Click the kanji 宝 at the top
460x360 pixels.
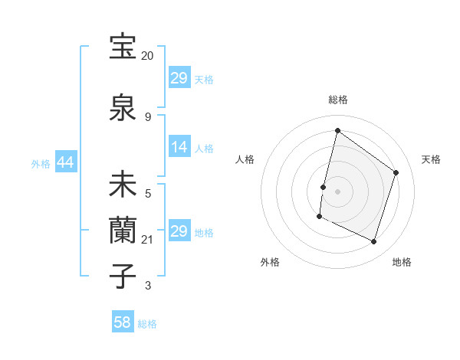pos(123,47)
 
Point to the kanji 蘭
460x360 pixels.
pos(123,230)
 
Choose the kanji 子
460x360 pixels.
pos(123,276)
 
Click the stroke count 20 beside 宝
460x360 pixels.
pos(147,56)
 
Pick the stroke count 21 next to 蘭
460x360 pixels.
pos(147,240)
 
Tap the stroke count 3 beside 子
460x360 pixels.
pos(147,286)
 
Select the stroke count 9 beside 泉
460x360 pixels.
pos(147,116)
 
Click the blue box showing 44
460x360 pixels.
pos(65,162)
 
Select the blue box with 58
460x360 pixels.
pos(123,322)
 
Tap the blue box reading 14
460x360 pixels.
pos(179,147)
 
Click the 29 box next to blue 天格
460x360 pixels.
pos(179,78)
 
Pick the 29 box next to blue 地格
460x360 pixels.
pos(179,231)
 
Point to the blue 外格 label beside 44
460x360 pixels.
pos(41,163)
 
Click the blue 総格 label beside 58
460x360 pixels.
pos(147,324)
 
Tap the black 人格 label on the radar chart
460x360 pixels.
pos(245,159)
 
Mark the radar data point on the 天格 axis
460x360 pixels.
pos(396,172)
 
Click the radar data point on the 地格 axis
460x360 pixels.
pos(373,242)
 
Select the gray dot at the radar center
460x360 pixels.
pos(337,191)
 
